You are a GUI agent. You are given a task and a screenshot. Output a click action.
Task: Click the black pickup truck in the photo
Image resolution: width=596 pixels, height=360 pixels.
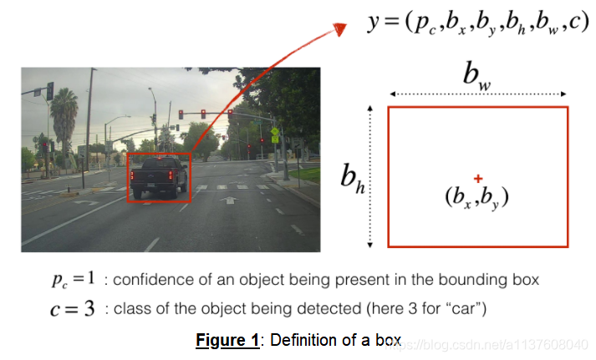160,178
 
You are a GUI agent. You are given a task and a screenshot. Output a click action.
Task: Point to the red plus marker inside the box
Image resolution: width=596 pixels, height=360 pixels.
477,178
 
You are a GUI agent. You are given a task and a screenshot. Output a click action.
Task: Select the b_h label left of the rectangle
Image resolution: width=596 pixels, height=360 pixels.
352,177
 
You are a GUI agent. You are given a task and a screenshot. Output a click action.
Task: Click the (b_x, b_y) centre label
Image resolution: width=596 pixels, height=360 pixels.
477,198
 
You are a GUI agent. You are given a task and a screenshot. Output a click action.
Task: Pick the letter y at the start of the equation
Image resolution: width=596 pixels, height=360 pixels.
374,23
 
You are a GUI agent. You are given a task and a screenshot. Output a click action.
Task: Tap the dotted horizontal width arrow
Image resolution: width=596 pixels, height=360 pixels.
477,93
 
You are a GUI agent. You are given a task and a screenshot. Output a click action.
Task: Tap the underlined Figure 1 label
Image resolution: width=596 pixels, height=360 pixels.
227,341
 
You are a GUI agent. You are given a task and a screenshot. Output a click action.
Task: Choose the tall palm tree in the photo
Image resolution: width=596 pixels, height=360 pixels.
64,117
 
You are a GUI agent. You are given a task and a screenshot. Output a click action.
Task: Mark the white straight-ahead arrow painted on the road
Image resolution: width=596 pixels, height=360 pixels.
228,201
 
